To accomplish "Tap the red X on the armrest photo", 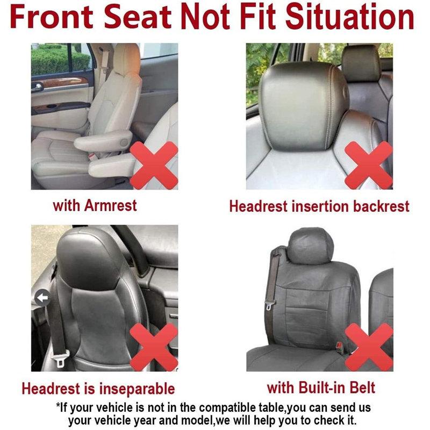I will tap(154, 163).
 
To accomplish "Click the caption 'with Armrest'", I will tap(95, 205).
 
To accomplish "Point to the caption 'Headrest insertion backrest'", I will tap(319, 206).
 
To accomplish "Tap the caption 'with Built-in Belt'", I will tap(321, 387).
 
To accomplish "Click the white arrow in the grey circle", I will tap(41, 296).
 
